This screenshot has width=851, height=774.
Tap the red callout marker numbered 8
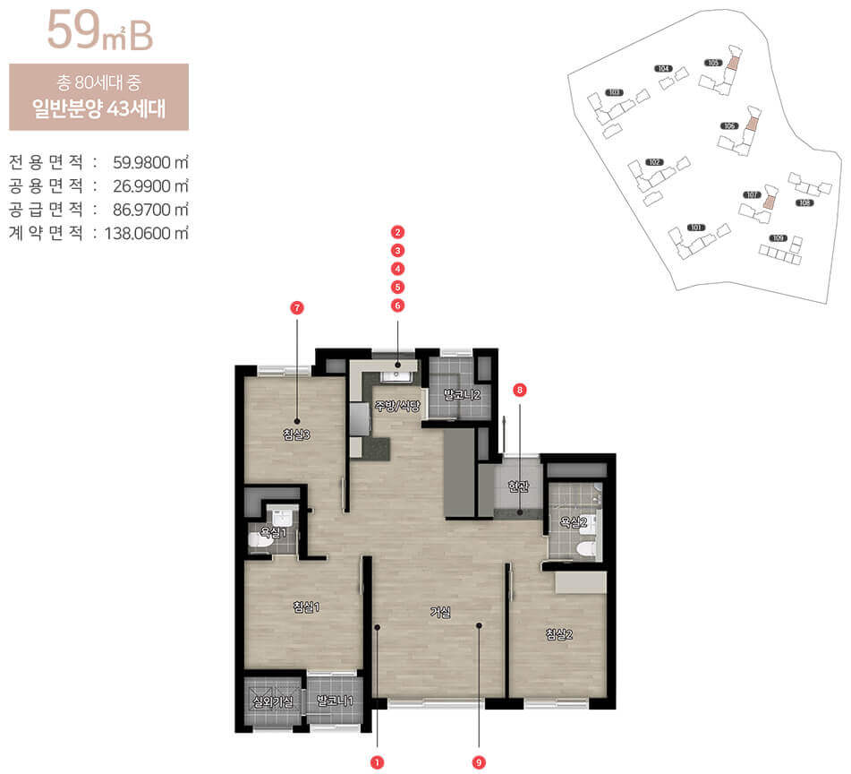(x=519, y=390)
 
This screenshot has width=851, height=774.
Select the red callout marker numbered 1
(x=378, y=762)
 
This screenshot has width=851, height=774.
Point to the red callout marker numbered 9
(x=480, y=762)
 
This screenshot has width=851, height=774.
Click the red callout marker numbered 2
(x=398, y=232)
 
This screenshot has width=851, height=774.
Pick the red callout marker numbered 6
(x=398, y=305)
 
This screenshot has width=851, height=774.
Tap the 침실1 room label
(x=307, y=606)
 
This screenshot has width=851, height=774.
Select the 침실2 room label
(x=559, y=634)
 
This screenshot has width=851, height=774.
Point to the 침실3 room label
(x=296, y=434)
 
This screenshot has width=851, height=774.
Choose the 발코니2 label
(x=463, y=394)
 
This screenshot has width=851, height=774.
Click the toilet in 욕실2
(x=586, y=548)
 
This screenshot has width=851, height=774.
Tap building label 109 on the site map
(x=778, y=238)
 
